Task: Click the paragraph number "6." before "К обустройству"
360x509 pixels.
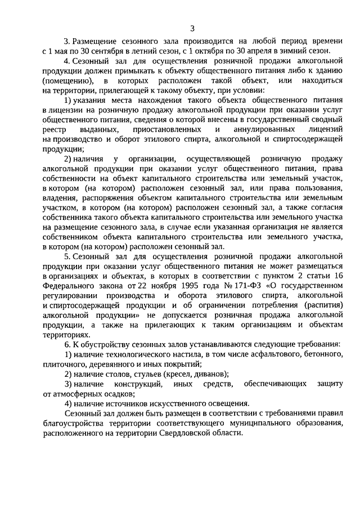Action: click(x=67, y=344)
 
